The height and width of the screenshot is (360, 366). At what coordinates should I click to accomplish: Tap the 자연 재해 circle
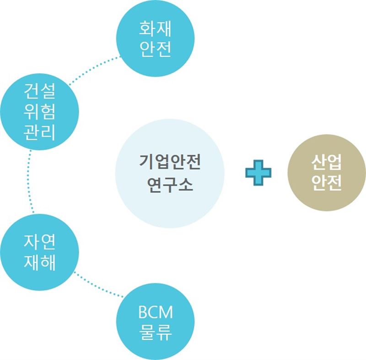pyautogui.click(x=39, y=252)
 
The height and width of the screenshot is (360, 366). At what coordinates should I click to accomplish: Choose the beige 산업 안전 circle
pyautogui.click(x=326, y=173)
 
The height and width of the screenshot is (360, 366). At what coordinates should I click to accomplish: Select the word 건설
pyautogui.click(x=39, y=93)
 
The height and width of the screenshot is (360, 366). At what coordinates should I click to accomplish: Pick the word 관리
pyautogui.click(x=39, y=132)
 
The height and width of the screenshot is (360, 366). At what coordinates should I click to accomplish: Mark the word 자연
pyautogui.click(x=39, y=242)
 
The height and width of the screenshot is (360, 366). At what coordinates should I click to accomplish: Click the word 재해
pyautogui.click(x=39, y=262)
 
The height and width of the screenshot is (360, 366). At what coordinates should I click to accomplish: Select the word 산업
pyautogui.click(x=326, y=163)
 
